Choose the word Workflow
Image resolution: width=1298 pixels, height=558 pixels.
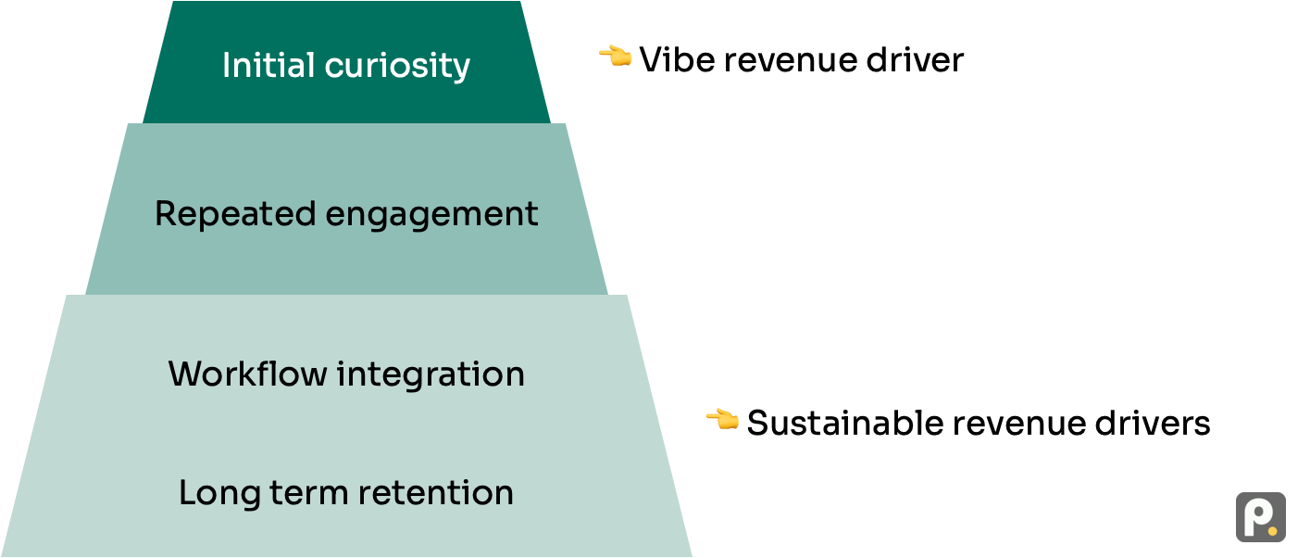click(247, 374)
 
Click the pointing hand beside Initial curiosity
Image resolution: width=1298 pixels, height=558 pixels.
click(615, 56)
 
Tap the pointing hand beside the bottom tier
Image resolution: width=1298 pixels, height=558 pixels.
click(722, 419)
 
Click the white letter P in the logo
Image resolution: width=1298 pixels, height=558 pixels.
click(1256, 517)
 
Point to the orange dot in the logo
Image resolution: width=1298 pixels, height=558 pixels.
click(1273, 531)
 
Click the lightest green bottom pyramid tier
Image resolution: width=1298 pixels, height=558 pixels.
click(346, 431)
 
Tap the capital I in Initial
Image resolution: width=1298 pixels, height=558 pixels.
click(226, 66)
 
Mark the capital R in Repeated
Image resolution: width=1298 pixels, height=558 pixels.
click(165, 214)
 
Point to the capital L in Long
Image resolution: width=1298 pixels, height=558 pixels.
click(187, 492)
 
